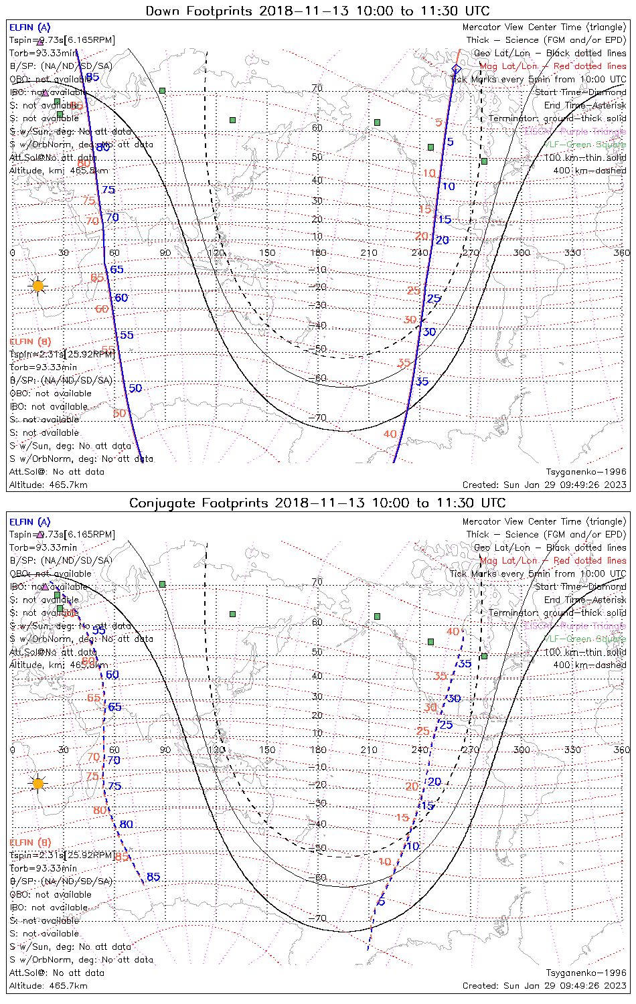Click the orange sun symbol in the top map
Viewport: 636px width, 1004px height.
(x=38, y=286)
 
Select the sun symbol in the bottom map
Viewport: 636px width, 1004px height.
(x=38, y=783)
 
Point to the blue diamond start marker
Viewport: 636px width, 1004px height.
(x=456, y=69)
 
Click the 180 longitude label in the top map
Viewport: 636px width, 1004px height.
(x=318, y=252)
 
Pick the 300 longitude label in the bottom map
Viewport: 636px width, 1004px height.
(x=522, y=750)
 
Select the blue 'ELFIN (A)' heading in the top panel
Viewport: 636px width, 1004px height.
(x=30, y=27)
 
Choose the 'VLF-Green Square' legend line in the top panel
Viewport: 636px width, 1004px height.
(x=586, y=145)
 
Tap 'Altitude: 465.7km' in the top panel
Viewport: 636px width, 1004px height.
(x=48, y=485)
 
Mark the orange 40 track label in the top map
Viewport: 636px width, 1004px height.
(x=390, y=434)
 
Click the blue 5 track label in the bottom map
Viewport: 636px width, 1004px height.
(x=382, y=902)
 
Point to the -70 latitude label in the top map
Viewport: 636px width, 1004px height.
(x=318, y=418)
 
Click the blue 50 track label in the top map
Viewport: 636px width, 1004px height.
(x=135, y=388)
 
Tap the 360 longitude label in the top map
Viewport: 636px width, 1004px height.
(x=622, y=252)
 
